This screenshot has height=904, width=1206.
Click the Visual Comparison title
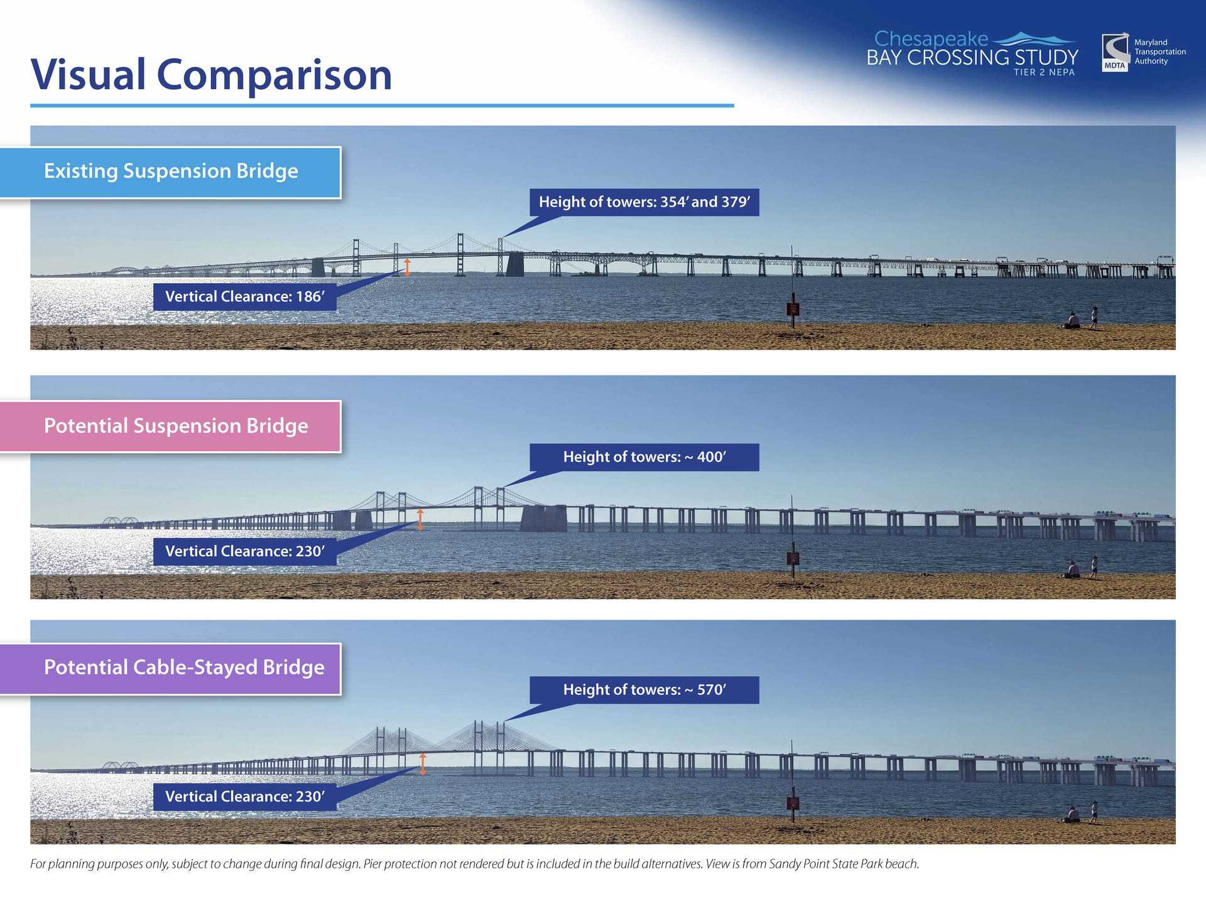pos(212,74)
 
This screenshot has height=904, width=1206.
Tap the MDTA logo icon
pos(1115,53)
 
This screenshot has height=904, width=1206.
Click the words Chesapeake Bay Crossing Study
pos(972,48)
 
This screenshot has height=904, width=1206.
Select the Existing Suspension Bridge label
pos(171,172)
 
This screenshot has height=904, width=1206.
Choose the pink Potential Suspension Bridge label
pos(171,426)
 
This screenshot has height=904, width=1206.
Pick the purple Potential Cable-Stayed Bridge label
pos(171,669)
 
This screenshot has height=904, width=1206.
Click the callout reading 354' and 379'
pos(644,202)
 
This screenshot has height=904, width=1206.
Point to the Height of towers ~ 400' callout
pos(644,457)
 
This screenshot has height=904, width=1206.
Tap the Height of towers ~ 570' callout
pos(644,690)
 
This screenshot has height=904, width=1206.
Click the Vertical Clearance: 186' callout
pos(245,297)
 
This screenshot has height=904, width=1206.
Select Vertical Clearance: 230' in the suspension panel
pos(245,552)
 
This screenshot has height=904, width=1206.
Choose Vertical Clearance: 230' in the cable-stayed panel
pos(245,797)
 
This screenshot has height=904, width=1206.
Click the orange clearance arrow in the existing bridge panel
pos(407,267)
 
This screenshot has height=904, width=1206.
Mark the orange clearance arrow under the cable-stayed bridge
pos(423,764)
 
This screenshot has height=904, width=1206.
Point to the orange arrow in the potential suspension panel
pos(420,520)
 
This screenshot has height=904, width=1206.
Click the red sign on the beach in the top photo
pos(793,309)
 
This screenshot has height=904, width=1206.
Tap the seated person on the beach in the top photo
pos(1073,321)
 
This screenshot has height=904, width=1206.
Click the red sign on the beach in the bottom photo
pos(793,803)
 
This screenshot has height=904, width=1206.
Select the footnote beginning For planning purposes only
pos(474,864)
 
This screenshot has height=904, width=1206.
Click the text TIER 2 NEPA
pos(1044,72)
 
